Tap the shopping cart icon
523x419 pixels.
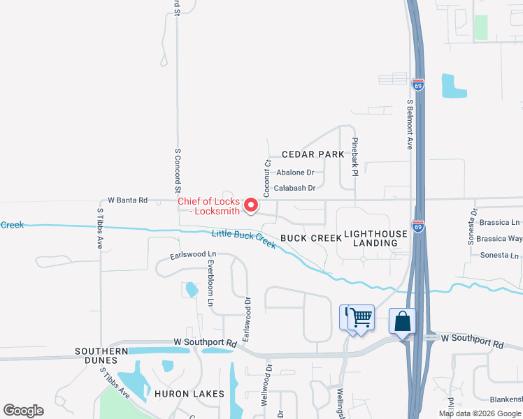coord(361,318)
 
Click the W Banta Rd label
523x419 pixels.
coord(127,200)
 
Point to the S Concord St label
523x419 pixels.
coord(178,170)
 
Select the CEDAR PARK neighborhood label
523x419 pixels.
coord(313,154)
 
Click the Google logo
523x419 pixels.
coord(23,411)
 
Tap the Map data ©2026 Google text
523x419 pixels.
coord(480,413)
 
